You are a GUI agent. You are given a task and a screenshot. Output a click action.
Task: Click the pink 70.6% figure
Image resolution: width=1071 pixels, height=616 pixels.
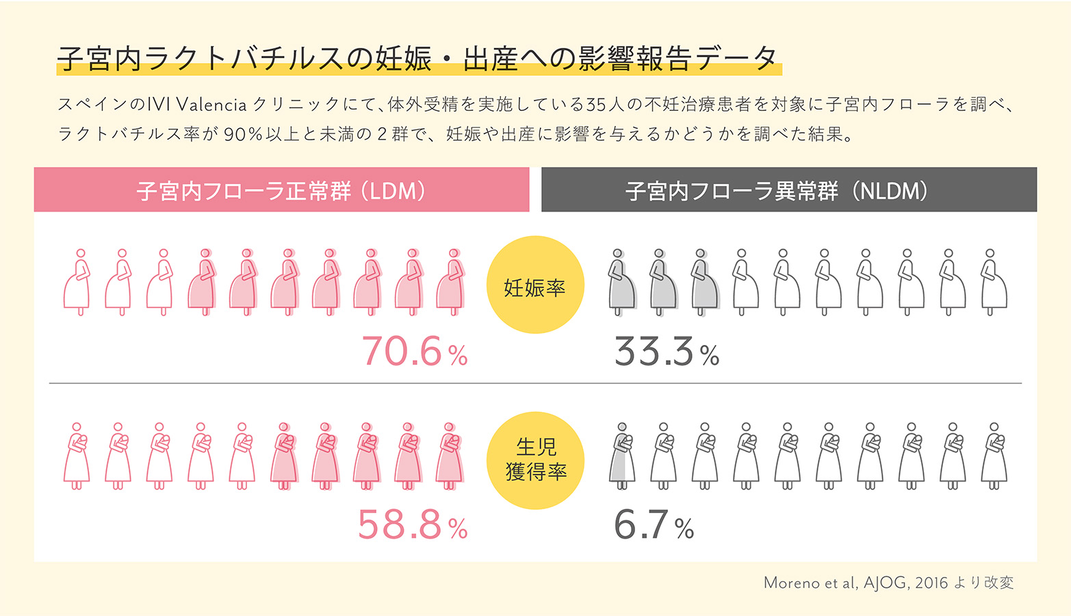point(414,352)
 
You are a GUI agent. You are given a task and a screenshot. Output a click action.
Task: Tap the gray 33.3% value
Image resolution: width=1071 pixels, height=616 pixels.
point(666,352)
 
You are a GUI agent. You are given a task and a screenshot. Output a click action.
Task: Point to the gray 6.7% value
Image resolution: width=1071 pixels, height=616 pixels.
point(653,526)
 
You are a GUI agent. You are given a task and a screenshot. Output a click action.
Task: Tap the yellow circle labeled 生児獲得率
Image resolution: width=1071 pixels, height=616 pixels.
point(535,460)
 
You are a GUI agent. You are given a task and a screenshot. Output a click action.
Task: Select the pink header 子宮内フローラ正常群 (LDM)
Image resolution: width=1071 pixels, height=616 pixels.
point(281,190)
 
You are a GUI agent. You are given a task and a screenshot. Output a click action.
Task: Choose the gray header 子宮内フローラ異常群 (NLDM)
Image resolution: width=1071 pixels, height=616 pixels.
point(789,190)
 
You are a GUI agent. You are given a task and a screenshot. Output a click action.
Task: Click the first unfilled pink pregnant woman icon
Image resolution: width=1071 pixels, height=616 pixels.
point(77,282)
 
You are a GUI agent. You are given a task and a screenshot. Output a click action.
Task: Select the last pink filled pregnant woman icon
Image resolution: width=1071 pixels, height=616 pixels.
point(450,282)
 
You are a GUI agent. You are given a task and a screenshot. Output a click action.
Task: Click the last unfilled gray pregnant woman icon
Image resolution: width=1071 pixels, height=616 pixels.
point(992,282)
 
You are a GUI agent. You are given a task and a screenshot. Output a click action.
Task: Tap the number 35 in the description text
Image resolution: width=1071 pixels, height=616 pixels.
point(596,105)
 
